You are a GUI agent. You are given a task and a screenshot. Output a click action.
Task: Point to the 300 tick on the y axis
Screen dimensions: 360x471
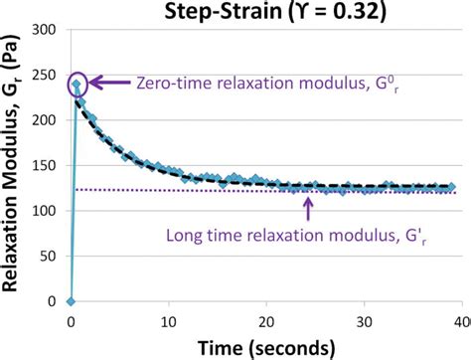tap(45, 31)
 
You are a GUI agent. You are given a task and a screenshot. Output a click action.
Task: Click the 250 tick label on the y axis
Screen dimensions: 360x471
tap(45, 77)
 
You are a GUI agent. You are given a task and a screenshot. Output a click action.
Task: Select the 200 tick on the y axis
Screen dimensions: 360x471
tap(45, 121)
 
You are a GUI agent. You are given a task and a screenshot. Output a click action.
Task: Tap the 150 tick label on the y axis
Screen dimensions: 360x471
tap(45, 166)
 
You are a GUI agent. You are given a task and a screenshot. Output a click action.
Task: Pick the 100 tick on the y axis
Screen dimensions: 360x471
tap(45, 211)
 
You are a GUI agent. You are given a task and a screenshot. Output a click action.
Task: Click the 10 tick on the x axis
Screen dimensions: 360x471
tap(168, 321)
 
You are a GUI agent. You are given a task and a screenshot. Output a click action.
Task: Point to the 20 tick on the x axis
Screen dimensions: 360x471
tap(265, 321)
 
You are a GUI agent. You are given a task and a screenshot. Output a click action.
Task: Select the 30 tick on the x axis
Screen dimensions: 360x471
tap(363, 321)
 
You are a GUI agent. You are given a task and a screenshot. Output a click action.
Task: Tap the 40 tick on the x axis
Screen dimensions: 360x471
tap(459, 321)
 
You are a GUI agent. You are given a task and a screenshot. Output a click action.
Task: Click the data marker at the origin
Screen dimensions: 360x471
tap(71, 300)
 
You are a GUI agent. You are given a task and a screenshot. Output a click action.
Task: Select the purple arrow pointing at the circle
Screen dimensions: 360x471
tap(110, 85)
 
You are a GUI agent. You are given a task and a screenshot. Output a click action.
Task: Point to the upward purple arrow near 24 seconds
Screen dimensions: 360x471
tap(308, 206)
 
